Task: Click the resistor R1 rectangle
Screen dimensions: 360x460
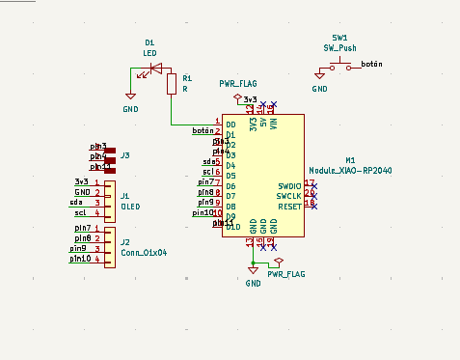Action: click(x=172, y=85)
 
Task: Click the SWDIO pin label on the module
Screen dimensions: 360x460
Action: click(x=288, y=185)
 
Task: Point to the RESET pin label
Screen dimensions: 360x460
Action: click(x=289, y=206)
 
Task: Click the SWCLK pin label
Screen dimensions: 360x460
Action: click(x=289, y=195)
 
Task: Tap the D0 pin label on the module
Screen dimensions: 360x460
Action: click(x=230, y=125)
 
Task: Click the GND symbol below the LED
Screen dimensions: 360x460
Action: click(x=130, y=97)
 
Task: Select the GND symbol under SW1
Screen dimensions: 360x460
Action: click(x=319, y=75)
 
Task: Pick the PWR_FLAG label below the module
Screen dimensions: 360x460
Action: click(x=286, y=274)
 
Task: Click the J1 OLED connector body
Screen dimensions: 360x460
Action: click(x=110, y=198)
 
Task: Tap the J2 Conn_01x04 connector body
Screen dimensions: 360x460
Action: click(x=110, y=245)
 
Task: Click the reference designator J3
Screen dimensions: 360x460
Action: click(x=125, y=154)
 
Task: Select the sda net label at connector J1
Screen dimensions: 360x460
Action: click(x=78, y=202)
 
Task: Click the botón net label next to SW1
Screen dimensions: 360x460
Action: click(x=371, y=64)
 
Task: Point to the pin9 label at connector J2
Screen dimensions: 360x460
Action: click(x=79, y=248)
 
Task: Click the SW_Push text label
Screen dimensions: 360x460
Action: click(x=341, y=46)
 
